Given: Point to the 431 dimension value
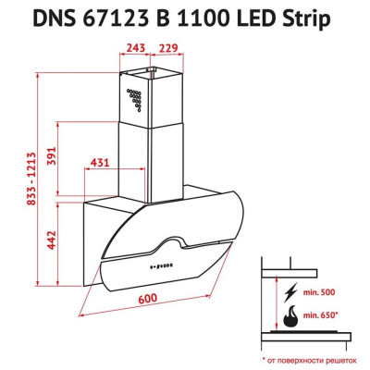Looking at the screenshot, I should click(x=99, y=164).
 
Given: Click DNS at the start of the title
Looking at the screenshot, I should click(x=59, y=18).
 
